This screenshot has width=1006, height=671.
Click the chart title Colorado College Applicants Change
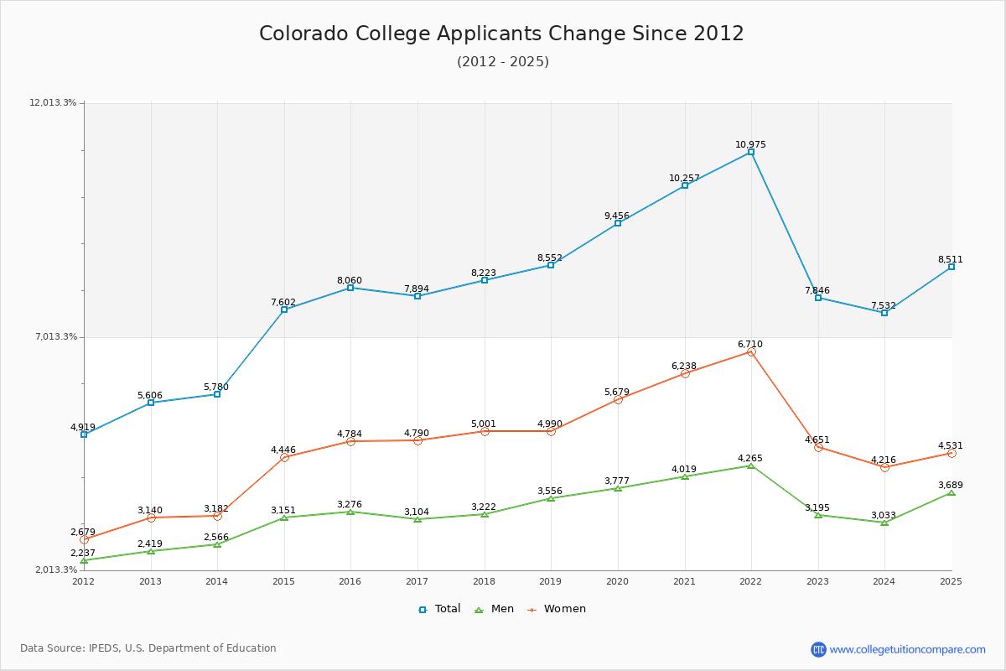[501, 34]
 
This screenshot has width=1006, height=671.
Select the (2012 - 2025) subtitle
[503, 62]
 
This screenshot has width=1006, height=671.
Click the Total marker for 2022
[751, 152]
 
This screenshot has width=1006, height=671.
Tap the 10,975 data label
[750, 144]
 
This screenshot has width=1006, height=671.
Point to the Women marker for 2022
[751, 352]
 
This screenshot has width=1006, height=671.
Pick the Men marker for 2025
[952, 492]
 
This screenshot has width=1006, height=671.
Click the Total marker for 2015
[284, 309]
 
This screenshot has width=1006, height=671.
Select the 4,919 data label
[84, 427]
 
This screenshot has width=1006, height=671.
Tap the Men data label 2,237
[83, 553]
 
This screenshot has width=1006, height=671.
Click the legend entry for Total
[439, 609]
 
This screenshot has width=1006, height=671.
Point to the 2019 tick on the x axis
[551, 581]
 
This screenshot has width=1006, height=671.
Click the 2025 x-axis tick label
[951, 581]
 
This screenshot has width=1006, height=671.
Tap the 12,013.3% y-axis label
[54, 102]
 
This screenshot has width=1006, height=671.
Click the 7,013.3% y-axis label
[56, 336]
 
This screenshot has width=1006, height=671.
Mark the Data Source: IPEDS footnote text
[148, 648]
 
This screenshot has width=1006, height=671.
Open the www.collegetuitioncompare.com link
[907, 649]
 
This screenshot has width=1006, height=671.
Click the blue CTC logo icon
[818, 649]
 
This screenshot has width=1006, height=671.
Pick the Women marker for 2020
[618, 399]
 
